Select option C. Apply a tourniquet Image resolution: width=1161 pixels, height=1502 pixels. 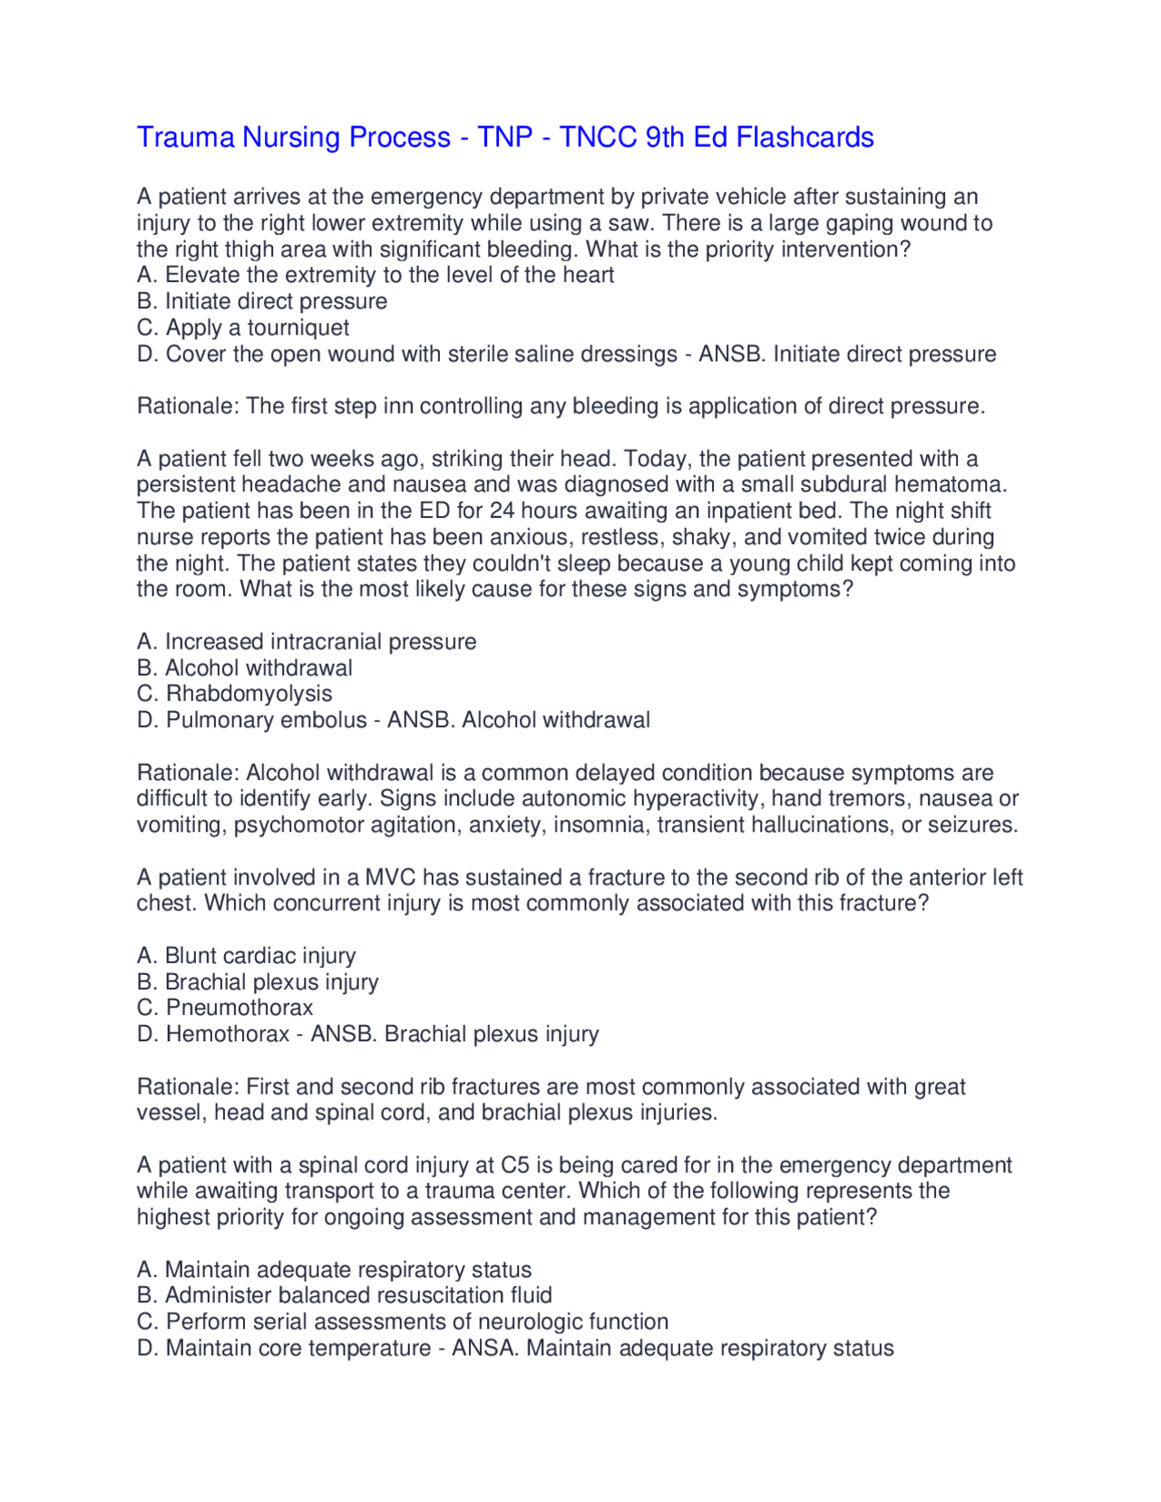pos(243,327)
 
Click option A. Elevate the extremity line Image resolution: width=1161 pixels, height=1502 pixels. pos(376,275)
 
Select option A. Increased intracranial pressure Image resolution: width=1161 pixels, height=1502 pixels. pos(307,641)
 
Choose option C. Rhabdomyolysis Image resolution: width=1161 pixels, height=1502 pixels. pos(234,694)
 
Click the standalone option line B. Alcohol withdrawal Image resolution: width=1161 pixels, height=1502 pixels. pos(245,668)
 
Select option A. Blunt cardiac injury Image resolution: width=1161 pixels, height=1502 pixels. pos(246,955)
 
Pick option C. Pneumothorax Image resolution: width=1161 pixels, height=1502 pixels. pos(225,1008)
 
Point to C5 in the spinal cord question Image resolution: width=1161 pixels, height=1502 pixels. pos(516,1165)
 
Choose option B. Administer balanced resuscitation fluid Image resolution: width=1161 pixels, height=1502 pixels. pos(345,1295)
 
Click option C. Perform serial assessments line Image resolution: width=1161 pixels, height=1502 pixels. pos(403,1322)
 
